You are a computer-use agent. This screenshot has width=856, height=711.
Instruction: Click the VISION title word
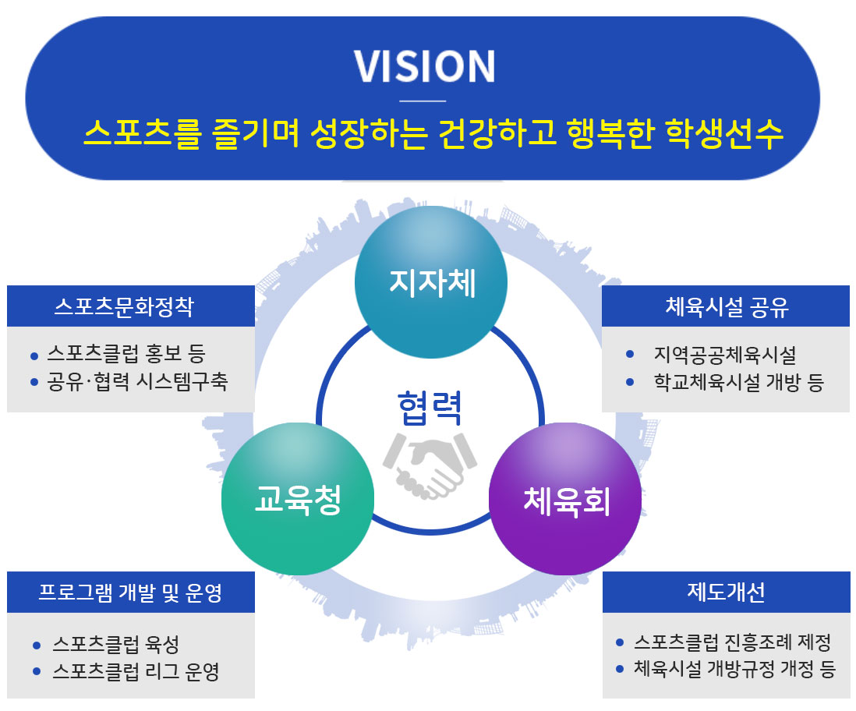(x=424, y=67)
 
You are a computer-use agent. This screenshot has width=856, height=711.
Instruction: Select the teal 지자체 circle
(x=431, y=282)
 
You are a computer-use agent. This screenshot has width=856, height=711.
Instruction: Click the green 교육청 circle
(x=298, y=500)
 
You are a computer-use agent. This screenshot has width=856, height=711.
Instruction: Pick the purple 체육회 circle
(x=565, y=500)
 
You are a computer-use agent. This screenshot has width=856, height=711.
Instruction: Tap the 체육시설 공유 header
(x=727, y=306)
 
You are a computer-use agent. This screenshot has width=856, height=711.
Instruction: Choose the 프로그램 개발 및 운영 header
(x=130, y=592)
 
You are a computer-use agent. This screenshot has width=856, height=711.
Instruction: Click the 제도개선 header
(x=726, y=592)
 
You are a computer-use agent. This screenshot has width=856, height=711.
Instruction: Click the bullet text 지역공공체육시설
(x=725, y=355)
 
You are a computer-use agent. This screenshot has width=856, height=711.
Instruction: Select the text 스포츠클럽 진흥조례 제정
(x=732, y=642)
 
